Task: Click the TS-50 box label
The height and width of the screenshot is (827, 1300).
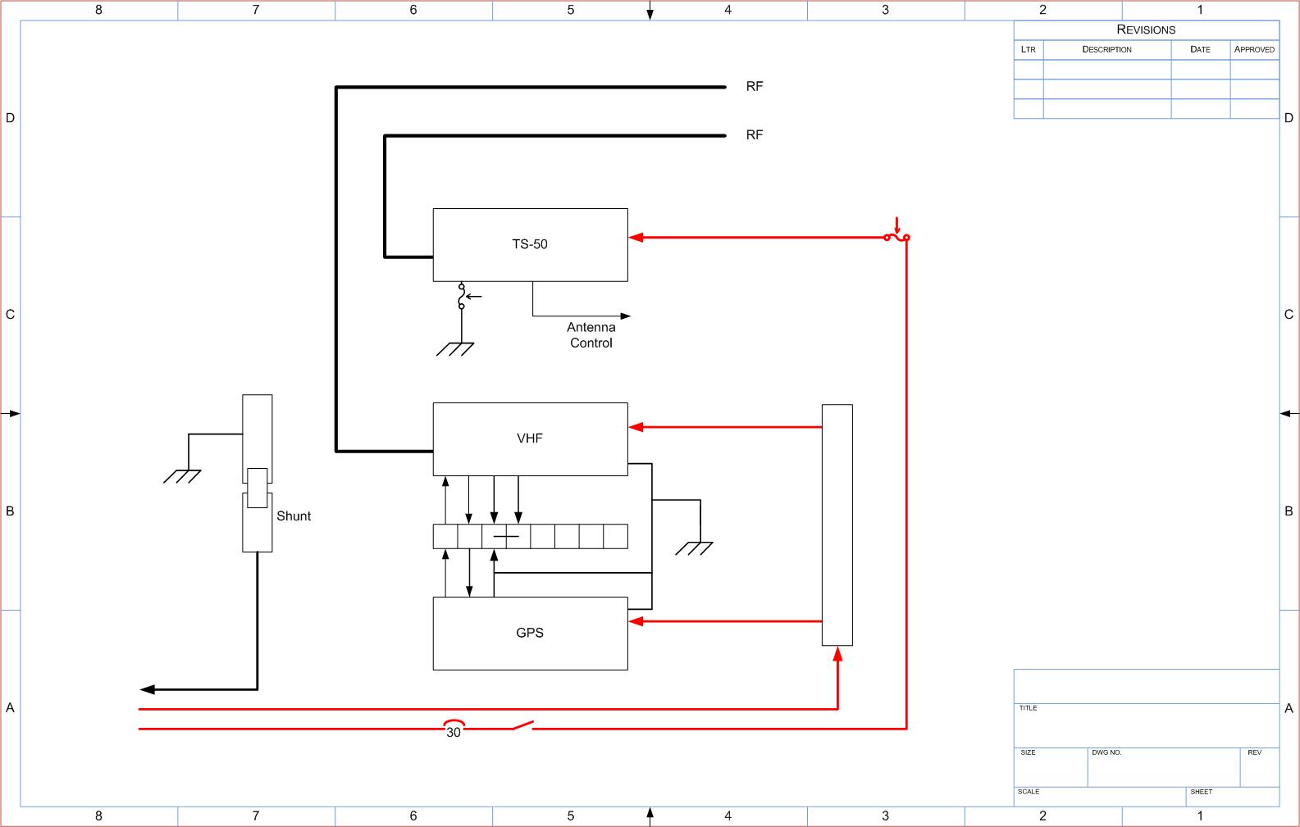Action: tap(529, 244)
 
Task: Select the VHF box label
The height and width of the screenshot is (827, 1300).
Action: tap(529, 438)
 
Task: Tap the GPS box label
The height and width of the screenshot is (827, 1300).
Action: tap(529, 633)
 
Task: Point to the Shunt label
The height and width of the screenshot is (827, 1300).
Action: tap(294, 516)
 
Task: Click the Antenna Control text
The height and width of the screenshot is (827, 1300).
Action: tap(591, 335)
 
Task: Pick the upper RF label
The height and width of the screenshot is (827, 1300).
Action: tap(755, 86)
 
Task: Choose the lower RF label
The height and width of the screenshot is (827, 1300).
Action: tap(755, 135)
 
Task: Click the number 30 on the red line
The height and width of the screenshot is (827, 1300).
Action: tap(454, 733)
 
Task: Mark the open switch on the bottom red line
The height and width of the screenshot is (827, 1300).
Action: tap(522, 725)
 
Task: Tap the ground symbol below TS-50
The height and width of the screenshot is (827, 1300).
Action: tap(455, 349)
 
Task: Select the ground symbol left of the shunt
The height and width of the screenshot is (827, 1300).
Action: tap(182, 476)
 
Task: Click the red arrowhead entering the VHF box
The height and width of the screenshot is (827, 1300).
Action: tap(636, 427)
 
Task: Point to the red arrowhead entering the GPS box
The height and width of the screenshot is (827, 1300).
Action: tap(636, 622)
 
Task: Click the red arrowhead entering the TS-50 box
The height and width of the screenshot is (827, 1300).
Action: tap(636, 237)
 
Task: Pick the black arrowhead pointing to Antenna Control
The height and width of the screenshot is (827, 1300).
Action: tap(626, 316)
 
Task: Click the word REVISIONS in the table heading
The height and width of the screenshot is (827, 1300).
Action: tap(1146, 30)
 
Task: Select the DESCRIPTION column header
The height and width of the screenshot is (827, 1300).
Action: tap(1106, 49)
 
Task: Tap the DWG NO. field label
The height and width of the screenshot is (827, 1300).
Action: tap(1106, 752)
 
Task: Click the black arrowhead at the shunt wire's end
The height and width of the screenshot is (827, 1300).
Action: tap(148, 689)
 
